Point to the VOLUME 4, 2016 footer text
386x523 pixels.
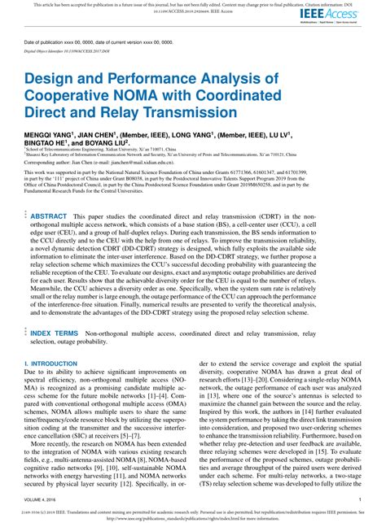43,496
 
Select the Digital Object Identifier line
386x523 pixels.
65,50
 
